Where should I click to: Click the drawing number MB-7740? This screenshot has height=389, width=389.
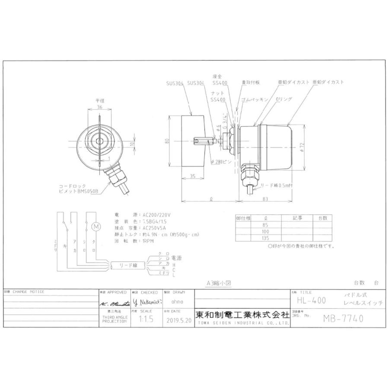click(x=343, y=319)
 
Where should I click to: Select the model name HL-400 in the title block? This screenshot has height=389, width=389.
click(x=312, y=300)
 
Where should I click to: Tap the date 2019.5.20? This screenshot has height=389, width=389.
click(x=177, y=321)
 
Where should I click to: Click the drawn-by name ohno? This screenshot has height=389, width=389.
click(x=177, y=302)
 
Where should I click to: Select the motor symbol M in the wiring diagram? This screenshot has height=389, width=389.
click(x=97, y=226)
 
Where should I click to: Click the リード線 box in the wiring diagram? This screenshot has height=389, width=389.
click(x=128, y=265)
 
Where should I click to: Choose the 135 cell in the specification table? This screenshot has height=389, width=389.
click(x=265, y=238)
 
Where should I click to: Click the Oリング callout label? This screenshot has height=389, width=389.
click(x=284, y=99)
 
